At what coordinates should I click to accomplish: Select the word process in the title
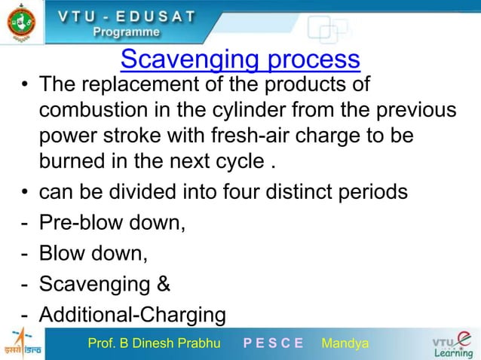point(308,59)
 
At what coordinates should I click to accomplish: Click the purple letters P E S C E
point(273,344)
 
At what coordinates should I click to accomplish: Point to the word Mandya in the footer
point(345,344)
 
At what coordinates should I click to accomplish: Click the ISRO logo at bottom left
point(22,344)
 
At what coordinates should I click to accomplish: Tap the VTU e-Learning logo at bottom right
point(452,344)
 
